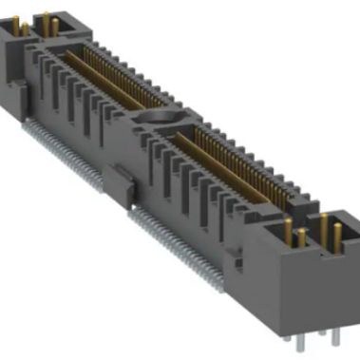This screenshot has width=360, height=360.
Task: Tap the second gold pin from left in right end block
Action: coord(301,237)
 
